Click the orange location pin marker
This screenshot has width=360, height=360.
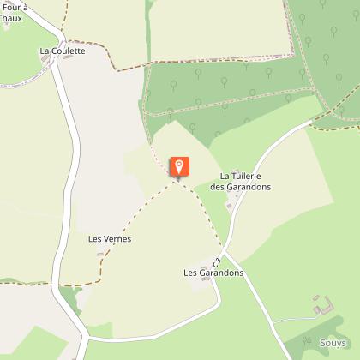(179, 166)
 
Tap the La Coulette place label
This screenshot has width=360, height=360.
(63, 51)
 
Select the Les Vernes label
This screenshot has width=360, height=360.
(109, 239)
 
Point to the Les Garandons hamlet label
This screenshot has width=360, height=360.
(213, 273)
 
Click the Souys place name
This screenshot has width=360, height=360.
(333, 343)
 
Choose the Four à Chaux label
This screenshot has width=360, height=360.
(14, 13)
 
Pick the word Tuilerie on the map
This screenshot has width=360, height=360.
(251, 176)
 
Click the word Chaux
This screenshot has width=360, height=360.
(12, 18)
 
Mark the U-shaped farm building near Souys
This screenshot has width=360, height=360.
(322, 304)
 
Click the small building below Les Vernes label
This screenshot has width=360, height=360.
(100, 255)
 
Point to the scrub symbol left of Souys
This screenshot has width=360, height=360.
(305, 342)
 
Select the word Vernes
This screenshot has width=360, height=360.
(116, 239)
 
